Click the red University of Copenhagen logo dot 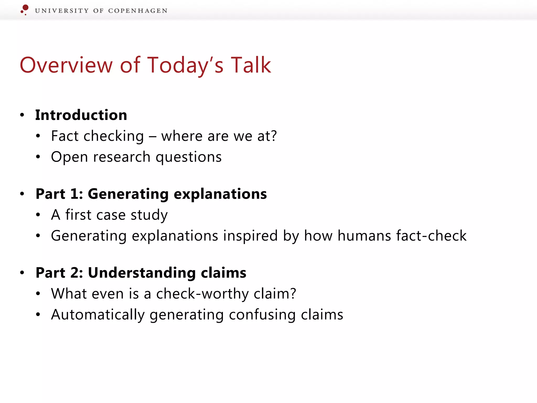25,8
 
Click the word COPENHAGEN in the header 138,11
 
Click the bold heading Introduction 81,115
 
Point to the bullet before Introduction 22,115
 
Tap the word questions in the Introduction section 189,157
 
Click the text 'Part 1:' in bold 59,194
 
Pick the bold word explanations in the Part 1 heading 220,194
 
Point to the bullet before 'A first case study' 38,215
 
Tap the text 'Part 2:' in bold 59,273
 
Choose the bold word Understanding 142,273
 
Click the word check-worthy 202,294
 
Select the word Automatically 98,315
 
